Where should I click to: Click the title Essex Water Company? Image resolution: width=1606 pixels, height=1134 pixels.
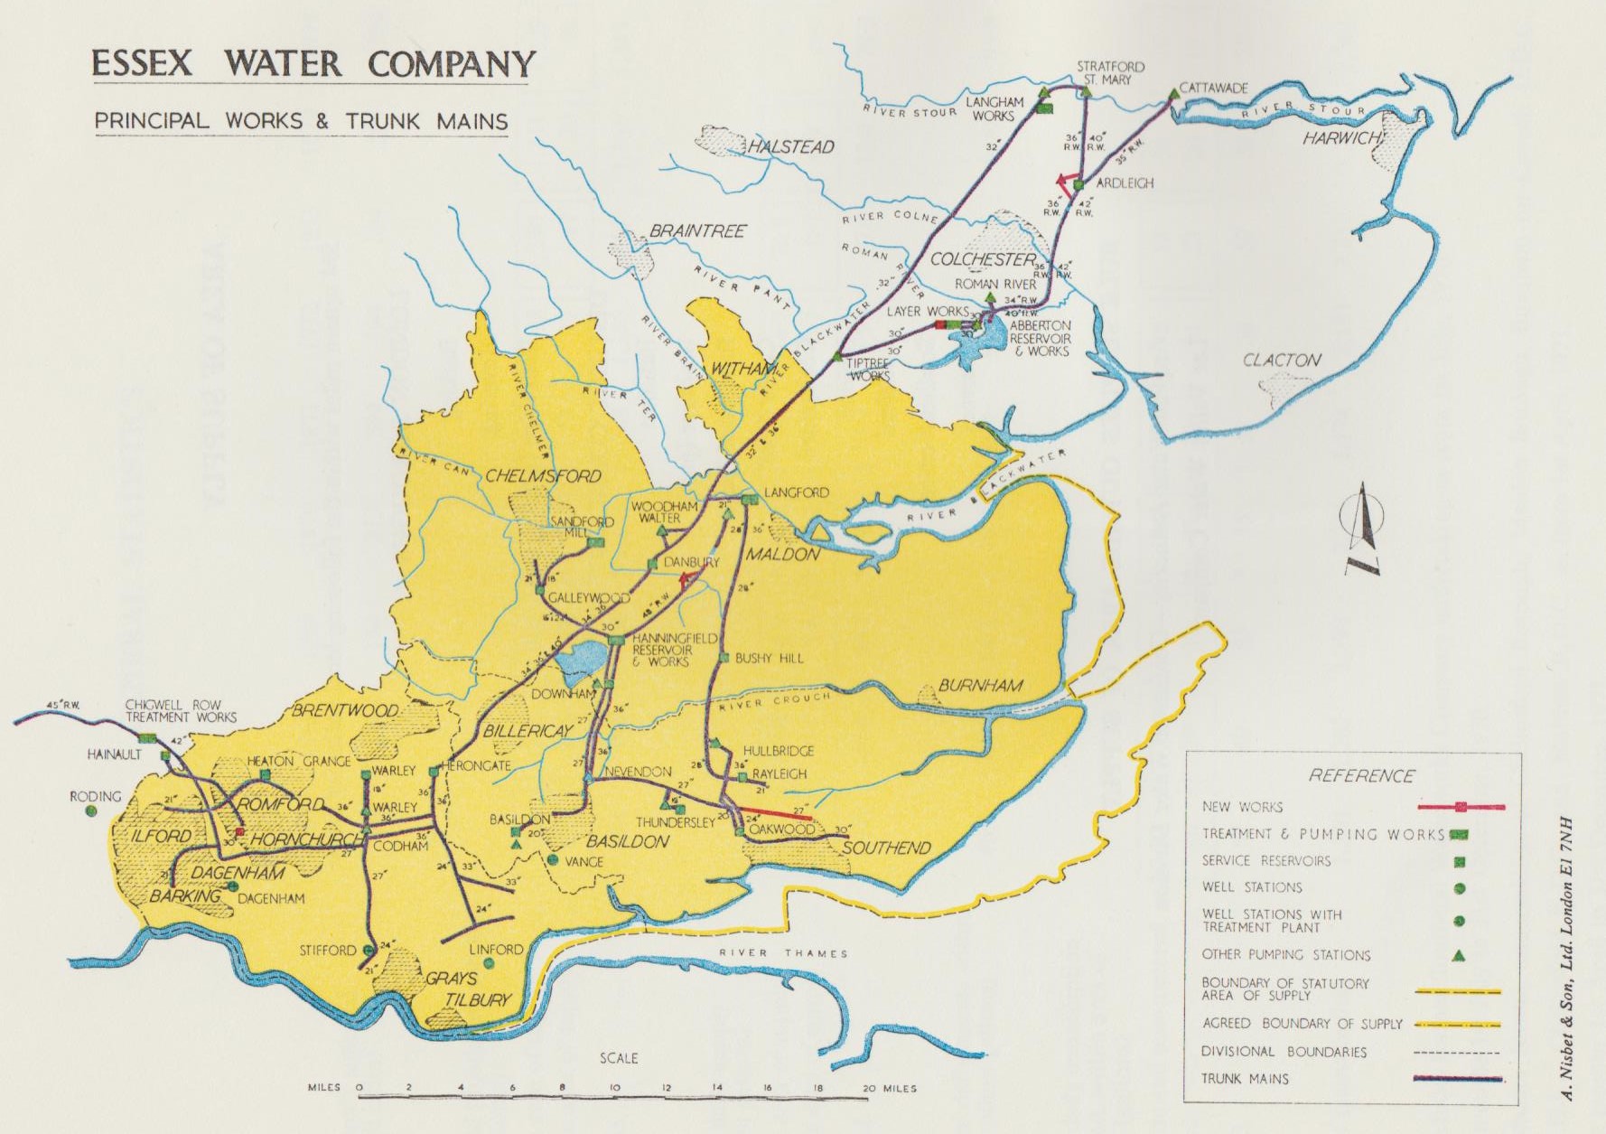click(312, 64)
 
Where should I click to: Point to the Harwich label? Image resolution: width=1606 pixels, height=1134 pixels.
click(1341, 138)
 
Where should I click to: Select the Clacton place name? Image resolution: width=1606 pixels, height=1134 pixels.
click(1282, 360)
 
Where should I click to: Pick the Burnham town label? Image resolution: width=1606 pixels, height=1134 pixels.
click(980, 686)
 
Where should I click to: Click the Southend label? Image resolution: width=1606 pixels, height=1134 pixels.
click(886, 848)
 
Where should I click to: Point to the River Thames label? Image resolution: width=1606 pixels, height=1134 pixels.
click(783, 952)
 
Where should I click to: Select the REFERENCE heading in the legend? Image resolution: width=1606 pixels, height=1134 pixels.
click(1360, 775)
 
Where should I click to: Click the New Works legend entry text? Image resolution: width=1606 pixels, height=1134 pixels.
click(1242, 807)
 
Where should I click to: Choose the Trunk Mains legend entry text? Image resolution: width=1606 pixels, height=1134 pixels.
click(1245, 1078)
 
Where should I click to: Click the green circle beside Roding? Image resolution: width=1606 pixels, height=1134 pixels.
click(91, 811)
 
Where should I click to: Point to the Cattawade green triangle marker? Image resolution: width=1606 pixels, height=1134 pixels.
click(1172, 93)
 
